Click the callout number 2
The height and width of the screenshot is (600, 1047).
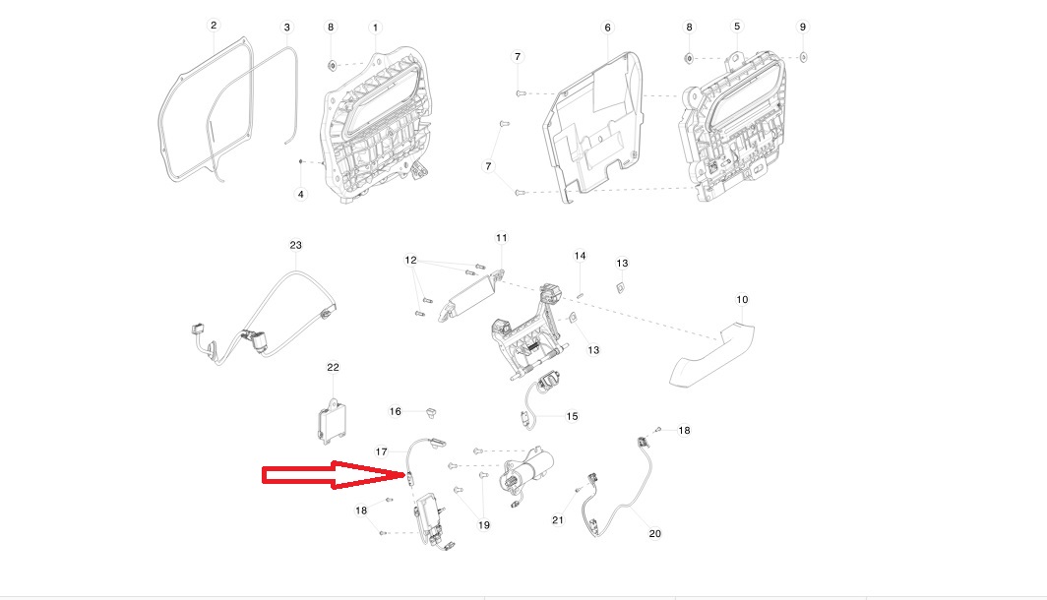214,26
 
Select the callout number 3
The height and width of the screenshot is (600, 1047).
287,28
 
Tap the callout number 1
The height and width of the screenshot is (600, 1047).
375,28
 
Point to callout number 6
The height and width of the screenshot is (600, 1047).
608,28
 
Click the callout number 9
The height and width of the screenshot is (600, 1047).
803,27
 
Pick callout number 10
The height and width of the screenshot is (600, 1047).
743,300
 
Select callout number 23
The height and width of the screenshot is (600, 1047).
296,245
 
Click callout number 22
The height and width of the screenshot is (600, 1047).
334,367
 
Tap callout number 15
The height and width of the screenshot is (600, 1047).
573,416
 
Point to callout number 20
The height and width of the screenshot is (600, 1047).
655,533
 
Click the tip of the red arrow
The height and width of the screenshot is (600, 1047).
405,475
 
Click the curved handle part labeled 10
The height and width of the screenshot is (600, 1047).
712,354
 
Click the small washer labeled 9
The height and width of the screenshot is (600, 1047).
803,57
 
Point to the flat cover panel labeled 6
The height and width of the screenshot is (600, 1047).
593,127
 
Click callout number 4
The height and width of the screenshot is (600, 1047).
301,194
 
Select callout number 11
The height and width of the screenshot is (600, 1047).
502,238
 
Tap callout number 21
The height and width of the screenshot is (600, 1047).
558,520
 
